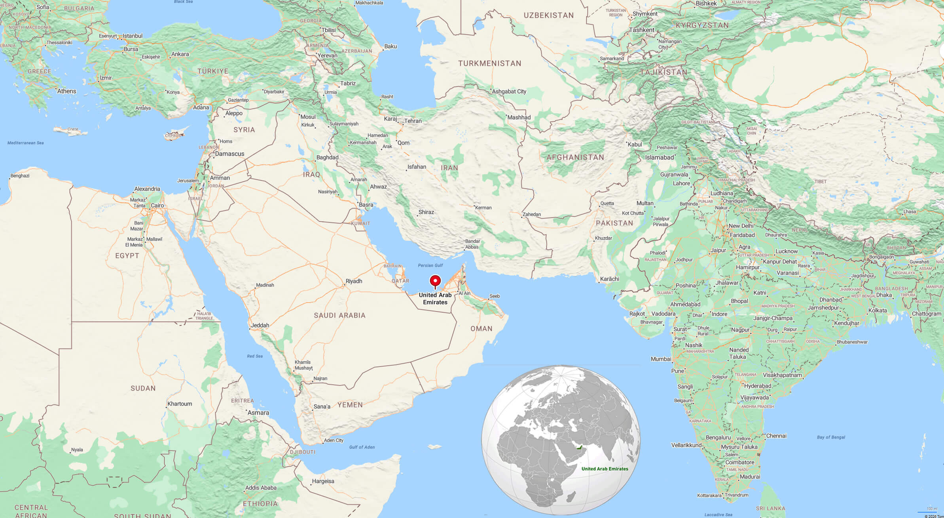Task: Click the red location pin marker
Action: coord(435,282)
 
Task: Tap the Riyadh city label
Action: coord(354,281)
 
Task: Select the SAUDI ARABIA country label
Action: coord(339,315)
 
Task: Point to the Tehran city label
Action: coord(413,121)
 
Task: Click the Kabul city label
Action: coord(635,144)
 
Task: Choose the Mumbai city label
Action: coord(661,359)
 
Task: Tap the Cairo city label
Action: coord(157,205)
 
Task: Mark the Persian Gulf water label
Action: coord(430,265)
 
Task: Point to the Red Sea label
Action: coord(254,356)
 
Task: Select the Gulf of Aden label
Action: coord(362,447)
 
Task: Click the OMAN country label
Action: coord(481,328)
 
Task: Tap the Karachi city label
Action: coord(609,279)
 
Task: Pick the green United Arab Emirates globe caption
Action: coord(605,468)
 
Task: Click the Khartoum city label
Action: coord(180,404)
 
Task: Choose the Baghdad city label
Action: coord(327,157)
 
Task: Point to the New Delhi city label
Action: coord(741,226)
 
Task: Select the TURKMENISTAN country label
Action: coord(489,63)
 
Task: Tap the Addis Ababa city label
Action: coord(261,488)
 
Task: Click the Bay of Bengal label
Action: coord(831,437)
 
